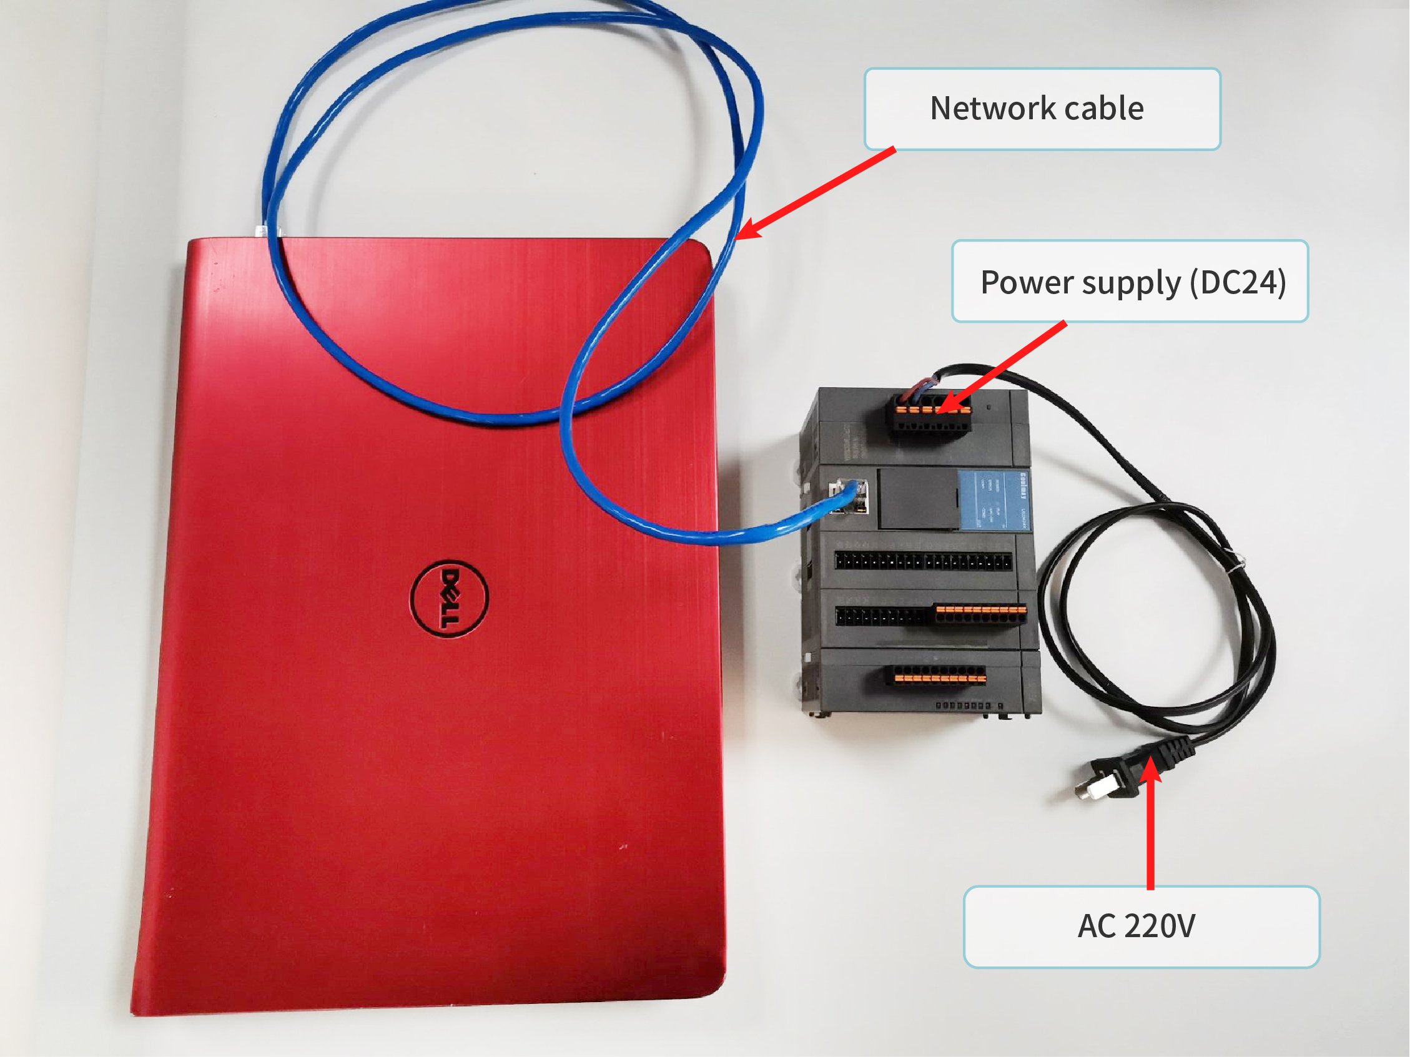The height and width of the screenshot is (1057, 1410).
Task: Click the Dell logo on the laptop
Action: [x=449, y=597]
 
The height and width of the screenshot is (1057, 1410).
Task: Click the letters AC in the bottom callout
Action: [x=1096, y=927]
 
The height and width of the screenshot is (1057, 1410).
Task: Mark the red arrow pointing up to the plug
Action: [x=1151, y=822]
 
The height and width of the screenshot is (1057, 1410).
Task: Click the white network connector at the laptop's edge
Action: [x=261, y=230]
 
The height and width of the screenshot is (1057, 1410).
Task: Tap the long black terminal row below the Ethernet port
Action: [x=922, y=561]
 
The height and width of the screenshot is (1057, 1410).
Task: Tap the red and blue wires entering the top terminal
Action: [x=924, y=385]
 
